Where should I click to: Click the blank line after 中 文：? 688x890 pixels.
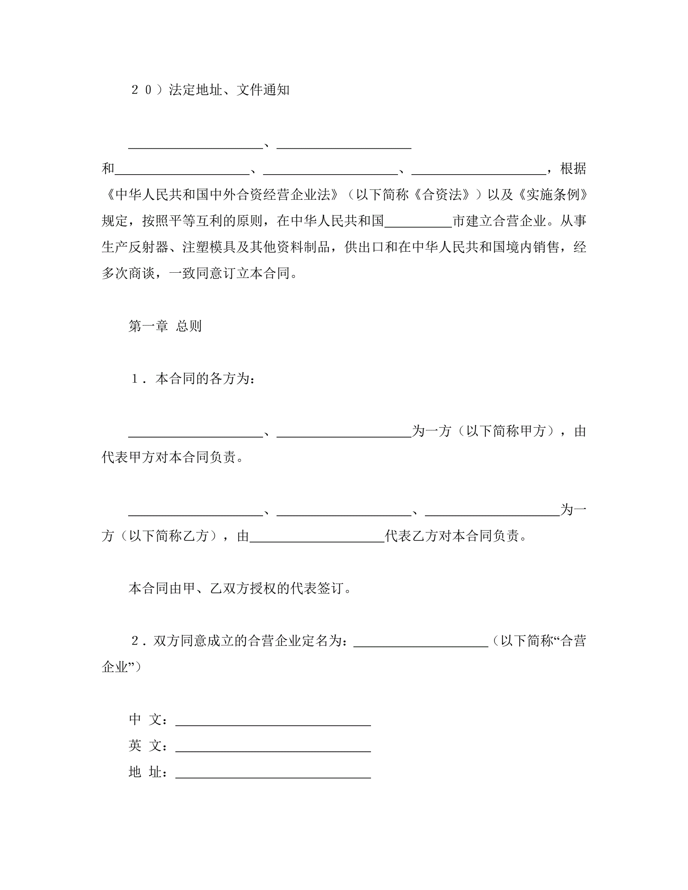[273, 720]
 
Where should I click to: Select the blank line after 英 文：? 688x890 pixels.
[273, 746]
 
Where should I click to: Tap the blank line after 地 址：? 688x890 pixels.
[273, 772]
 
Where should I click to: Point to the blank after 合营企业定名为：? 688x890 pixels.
[420, 641]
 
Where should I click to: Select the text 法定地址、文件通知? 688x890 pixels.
[229, 90]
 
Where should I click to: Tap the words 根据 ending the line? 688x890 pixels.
[573, 169]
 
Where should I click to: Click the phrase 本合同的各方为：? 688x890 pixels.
[206, 379]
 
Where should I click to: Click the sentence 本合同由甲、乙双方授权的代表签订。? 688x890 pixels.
[240, 588]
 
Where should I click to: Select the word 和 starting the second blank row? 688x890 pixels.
[108, 169]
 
